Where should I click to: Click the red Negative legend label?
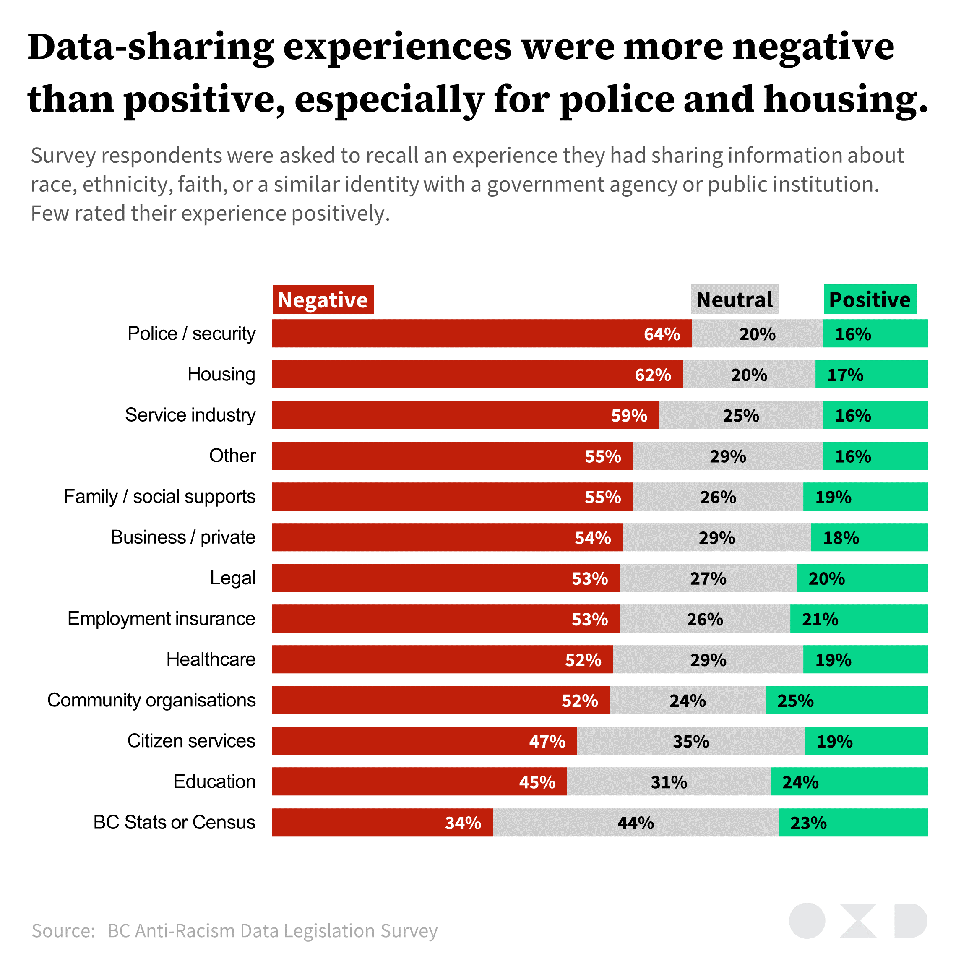click(323, 300)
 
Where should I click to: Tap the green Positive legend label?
click(869, 300)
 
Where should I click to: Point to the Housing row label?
click(221, 374)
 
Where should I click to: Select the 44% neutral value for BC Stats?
click(636, 823)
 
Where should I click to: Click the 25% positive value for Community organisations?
click(795, 701)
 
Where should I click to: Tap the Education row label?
click(214, 781)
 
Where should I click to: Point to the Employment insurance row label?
click(161, 618)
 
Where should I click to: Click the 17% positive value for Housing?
click(845, 375)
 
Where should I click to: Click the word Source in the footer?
click(63, 930)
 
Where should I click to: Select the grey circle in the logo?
click(807, 920)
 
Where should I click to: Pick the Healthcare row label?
click(211, 659)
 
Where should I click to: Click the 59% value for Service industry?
click(629, 416)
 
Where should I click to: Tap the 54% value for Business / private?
click(592, 538)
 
